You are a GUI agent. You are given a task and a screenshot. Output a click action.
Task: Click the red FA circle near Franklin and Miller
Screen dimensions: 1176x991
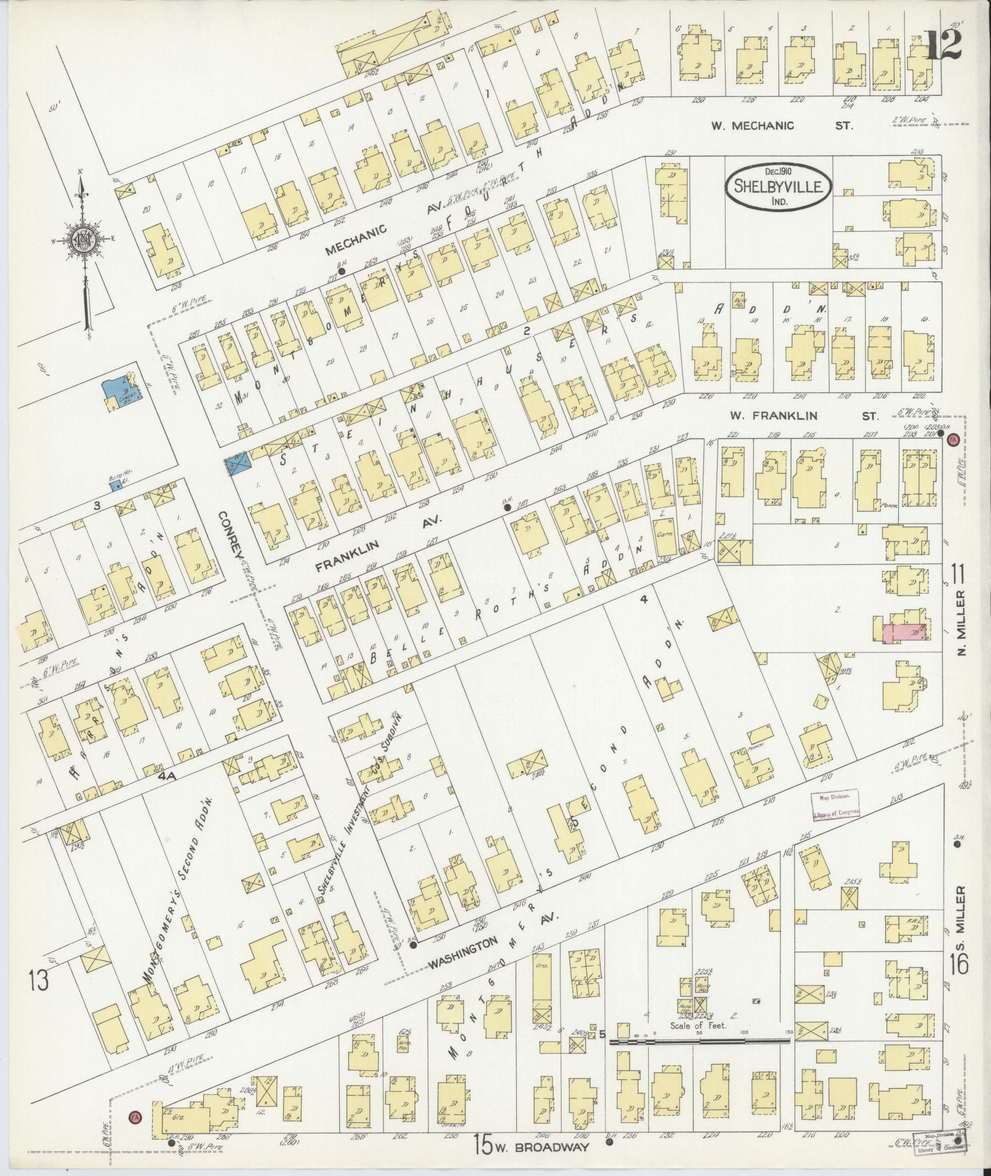coord(953,439)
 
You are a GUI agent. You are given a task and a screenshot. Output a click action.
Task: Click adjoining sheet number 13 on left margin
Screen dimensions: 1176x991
coord(39,981)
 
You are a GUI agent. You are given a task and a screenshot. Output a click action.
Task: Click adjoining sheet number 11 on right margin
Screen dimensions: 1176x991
coord(958,578)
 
